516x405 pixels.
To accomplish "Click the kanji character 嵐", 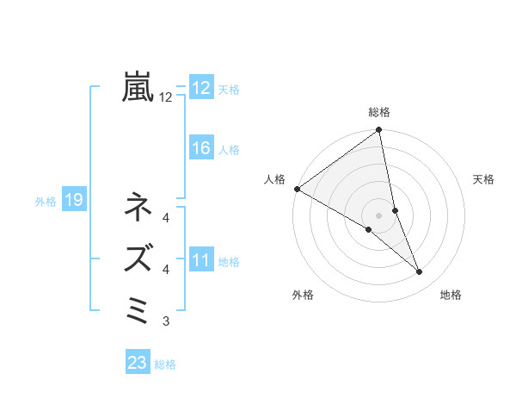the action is pyautogui.click(x=138, y=87).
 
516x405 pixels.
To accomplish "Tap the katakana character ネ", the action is pyautogui.click(x=138, y=207).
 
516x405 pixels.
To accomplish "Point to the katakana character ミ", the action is pyautogui.click(x=138, y=308).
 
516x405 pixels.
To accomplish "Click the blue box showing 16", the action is pyautogui.click(x=201, y=148).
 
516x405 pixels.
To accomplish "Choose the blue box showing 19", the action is pyautogui.click(x=74, y=201).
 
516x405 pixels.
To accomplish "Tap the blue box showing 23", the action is pyautogui.click(x=138, y=363).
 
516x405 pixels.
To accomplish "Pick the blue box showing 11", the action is pyautogui.click(x=201, y=260).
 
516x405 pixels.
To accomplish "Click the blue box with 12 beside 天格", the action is pyautogui.click(x=201, y=88).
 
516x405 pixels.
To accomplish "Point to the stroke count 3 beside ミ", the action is pyautogui.click(x=166, y=322).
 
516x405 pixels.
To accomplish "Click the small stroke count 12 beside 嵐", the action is pyautogui.click(x=166, y=98).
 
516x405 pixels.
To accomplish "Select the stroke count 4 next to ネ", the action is pyautogui.click(x=166, y=217).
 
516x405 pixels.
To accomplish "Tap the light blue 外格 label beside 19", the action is pyautogui.click(x=46, y=202).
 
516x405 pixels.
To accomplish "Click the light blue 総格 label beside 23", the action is pyautogui.click(x=165, y=364).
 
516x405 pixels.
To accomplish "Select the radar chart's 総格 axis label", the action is pyautogui.click(x=379, y=112).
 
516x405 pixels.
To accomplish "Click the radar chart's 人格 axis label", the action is pyautogui.click(x=275, y=179).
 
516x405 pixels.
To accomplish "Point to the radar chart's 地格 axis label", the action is pyautogui.click(x=451, y=296).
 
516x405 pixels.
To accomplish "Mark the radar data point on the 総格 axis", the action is pyautogui.click(x=379, y=131).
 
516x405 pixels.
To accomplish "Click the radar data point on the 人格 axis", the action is pyautogui.click(x=297, y=189).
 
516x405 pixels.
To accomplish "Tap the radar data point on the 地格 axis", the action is pyautogui.click(x=420, y=272).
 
